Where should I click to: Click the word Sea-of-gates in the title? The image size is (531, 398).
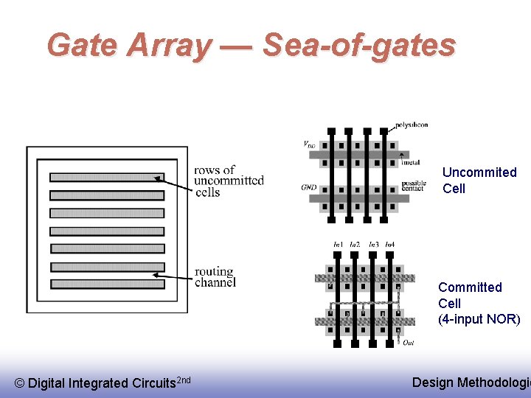[359, 46]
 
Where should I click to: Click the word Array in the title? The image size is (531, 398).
[168, 46]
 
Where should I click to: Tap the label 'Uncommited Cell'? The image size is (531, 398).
[479, 180]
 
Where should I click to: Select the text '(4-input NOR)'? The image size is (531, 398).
[479, 319]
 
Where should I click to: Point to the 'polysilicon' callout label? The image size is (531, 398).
[411, 125]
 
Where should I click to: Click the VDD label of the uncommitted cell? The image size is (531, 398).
[310, 144]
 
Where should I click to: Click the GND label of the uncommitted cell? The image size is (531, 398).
[309, 188]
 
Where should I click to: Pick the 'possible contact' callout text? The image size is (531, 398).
[414, 186]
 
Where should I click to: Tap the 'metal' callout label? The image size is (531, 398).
[410, 162]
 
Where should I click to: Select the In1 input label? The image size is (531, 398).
[339, 244]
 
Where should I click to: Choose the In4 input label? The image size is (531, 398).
[389, 244]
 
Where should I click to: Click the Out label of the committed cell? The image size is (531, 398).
[408, 341]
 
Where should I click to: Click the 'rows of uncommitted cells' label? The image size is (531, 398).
[229, 181]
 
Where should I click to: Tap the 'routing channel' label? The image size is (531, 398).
[215, 277]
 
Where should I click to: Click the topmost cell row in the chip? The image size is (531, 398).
[106, 177]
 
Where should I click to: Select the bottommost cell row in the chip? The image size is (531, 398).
[106, 284]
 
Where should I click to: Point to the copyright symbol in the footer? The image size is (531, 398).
[19, 383]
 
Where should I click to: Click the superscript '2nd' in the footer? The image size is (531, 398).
[184, 380]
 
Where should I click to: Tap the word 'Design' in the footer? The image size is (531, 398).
[433, 383]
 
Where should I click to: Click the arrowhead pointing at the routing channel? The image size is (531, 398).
[156, 275]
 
